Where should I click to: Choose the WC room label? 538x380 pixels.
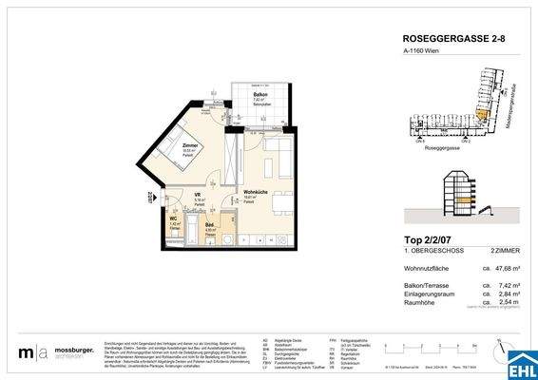pos(174,220)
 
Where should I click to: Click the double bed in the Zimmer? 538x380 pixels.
pos(175,152)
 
